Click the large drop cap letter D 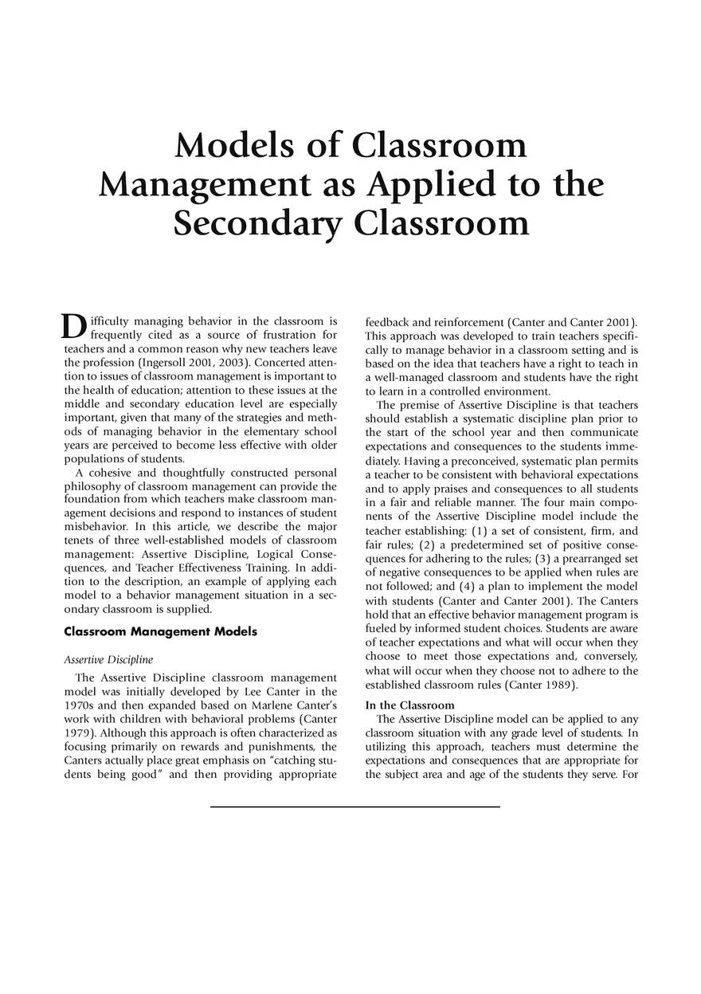coord(73,326)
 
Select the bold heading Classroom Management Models coord(160,632)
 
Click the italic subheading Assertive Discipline coord(108,660)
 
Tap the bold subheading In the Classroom coord(409,705)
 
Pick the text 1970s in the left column coord(79,705)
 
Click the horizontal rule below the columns coord(354,807)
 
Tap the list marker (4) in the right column coord(472,587)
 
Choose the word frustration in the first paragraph coord(280,335)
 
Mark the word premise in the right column coord(425,405)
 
